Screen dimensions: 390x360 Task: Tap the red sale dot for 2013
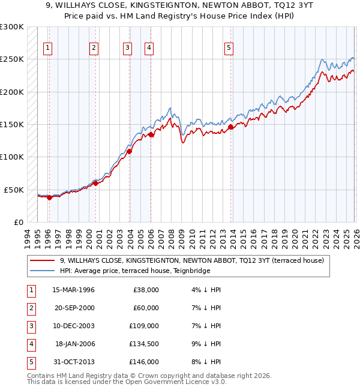click(x=231, y=127)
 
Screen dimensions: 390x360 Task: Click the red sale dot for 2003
click(x=130, y=151)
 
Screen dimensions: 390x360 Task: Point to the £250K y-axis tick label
click(x=12, y=59)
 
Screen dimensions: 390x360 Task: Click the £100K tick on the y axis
click(x=12, y=157)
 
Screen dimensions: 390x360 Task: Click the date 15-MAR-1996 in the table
click(x=74, y=290)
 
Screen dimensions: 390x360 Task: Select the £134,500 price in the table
click(x=144, y=345)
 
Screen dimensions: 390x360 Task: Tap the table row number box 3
click(x=30, y=326)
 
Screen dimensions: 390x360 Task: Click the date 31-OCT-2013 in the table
click(x=74, y=362)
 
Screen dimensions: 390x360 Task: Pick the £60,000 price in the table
click(x=146, y=308)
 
